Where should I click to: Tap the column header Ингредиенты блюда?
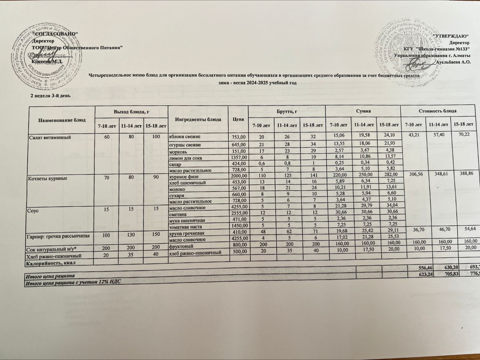(198, 119)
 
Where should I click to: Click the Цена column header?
(238, 119)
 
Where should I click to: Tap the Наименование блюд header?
(61, 120)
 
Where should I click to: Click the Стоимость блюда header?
(438, 111)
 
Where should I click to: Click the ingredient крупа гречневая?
(184, 233)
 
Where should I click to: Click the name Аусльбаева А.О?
(453, 62)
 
